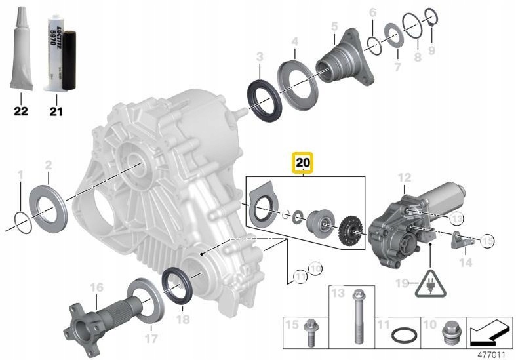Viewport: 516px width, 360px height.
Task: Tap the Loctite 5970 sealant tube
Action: (52, 56)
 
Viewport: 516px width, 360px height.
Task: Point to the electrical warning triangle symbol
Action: (429, 283)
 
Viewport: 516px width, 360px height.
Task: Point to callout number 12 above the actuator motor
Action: (404, 178)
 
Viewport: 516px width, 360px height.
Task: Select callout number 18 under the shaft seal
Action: (183, 319)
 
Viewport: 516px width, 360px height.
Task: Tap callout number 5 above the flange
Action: (334, 26)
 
